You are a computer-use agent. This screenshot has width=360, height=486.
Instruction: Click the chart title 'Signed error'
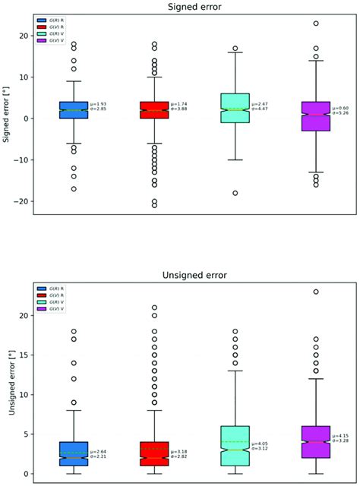point(192,7)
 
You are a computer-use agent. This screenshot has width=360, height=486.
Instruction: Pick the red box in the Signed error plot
point(154,110)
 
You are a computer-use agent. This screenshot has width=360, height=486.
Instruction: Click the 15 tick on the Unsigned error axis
point(24,355)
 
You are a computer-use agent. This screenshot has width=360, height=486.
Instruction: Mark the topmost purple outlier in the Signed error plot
point(316,24)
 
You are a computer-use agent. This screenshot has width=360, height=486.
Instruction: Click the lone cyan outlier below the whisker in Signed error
point(235,193)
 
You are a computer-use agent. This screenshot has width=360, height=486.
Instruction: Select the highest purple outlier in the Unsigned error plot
point(316,292)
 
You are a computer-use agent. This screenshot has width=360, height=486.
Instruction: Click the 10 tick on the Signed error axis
point(24,77)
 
